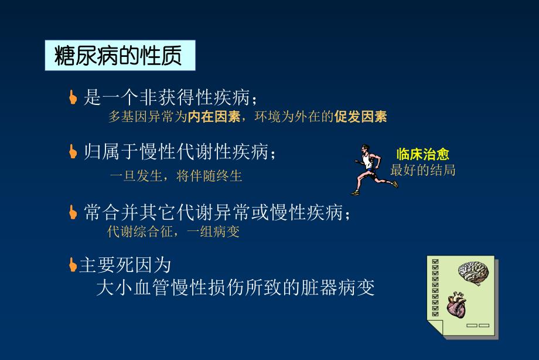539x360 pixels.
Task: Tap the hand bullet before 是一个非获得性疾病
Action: [x=73, y=97]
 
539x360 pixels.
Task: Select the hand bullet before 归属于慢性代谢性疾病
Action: [x=73, y=152]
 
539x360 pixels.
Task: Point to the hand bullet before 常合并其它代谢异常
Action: [x=73, y=212]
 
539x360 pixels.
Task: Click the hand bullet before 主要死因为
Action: [x=73, y=265]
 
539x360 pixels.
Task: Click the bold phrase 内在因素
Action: [x=214, y=117]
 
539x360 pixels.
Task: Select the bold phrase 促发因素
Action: [x=360, y=117]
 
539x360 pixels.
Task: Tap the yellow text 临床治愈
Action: [x=422, y=155]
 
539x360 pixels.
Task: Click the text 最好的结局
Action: [x=422, y=171]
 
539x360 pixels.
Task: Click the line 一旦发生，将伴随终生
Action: [x=176, y=176]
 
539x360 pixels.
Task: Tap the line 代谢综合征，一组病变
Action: [x=173, y=232]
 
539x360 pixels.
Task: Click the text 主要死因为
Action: [x=125, y=266]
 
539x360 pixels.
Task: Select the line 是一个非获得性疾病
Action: [x=170, y=97]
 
